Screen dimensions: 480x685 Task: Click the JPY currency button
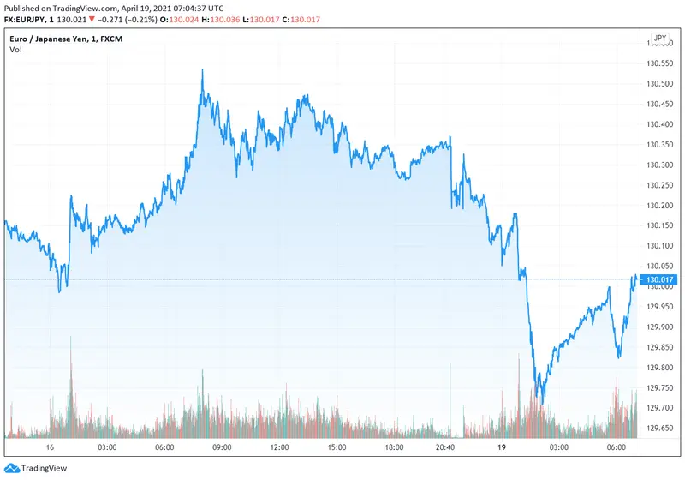pyautogui.click(x=659, y=39)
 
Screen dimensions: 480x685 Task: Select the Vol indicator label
pyautogui.click(x=16, y=50)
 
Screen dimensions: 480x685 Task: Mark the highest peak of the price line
pyautogui.click(x=202, y=70)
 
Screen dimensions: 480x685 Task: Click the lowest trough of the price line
pyautogui.click(x=540, y=403)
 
